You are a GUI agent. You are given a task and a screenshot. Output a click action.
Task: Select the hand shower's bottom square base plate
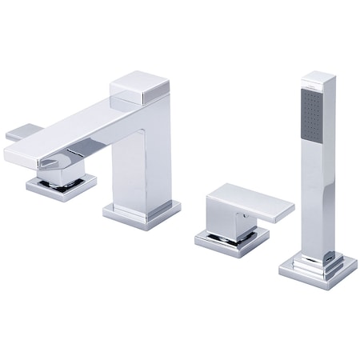[318, 270]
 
